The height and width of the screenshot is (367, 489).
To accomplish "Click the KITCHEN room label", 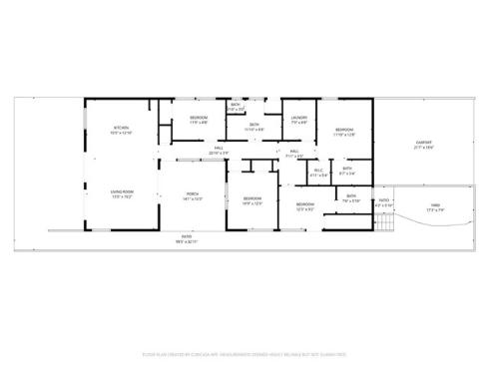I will coord(122,129).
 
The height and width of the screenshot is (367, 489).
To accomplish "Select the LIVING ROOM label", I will coord(121,195).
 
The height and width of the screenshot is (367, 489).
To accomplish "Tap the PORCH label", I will coord(193,195).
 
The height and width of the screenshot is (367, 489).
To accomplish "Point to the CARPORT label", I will coord(423,144).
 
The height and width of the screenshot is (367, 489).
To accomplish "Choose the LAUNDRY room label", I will coord(298,119).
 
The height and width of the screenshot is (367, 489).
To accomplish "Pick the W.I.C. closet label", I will coord(319,171).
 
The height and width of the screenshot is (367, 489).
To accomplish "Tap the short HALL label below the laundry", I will coord(294,152).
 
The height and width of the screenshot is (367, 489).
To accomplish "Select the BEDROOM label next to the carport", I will coord(344,130).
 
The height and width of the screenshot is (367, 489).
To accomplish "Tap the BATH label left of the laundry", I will coord(254,125).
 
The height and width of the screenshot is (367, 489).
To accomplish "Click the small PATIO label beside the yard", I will coord(383,201).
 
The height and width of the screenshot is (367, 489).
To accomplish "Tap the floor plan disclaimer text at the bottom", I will coord(244,352).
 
